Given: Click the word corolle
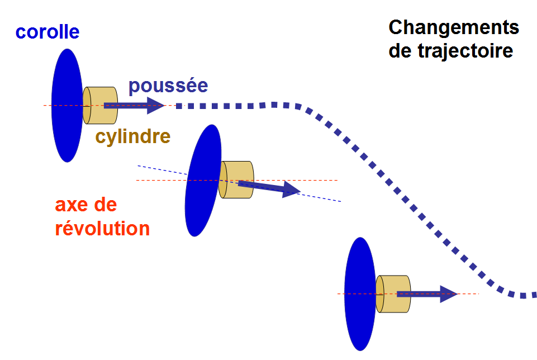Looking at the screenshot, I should click(x=47, y=31).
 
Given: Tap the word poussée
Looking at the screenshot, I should click(x=168, y=86).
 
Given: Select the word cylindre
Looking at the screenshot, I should click(x=132, y=136).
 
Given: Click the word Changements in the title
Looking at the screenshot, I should click(x=454, y=27).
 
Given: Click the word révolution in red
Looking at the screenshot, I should click(x=102, y=229).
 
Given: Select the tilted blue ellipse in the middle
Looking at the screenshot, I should click(x=202, y=180).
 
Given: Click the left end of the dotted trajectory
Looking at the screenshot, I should click(x=178, y=105).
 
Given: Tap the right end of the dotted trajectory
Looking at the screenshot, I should click(x=534, y=295).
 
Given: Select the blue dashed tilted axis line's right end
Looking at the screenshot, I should click(x=340, y=201).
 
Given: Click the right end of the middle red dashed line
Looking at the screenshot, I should click(x=338, y=180).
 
